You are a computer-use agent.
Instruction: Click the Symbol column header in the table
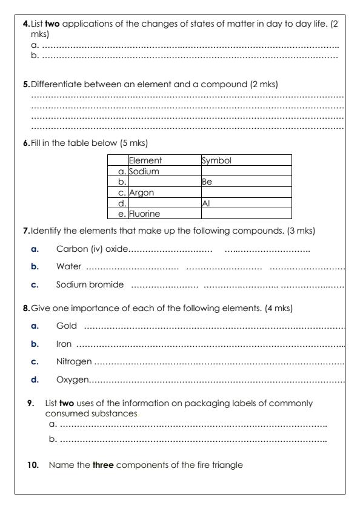tap(216, 161)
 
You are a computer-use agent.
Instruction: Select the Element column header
tap(145, 161)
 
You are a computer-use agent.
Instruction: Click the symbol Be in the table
tap(207, 182)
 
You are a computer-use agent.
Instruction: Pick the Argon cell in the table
tap(141, 192)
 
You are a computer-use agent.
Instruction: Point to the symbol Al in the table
tap(205, 203)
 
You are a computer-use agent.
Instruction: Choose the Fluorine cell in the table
tap(145, 213)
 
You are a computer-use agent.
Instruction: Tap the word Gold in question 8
tap(67, 326)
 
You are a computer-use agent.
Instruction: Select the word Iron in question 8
tap(64, 344)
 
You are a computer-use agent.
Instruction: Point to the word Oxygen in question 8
tap(72, 379)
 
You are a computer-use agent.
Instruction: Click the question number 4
tap(25, 24)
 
